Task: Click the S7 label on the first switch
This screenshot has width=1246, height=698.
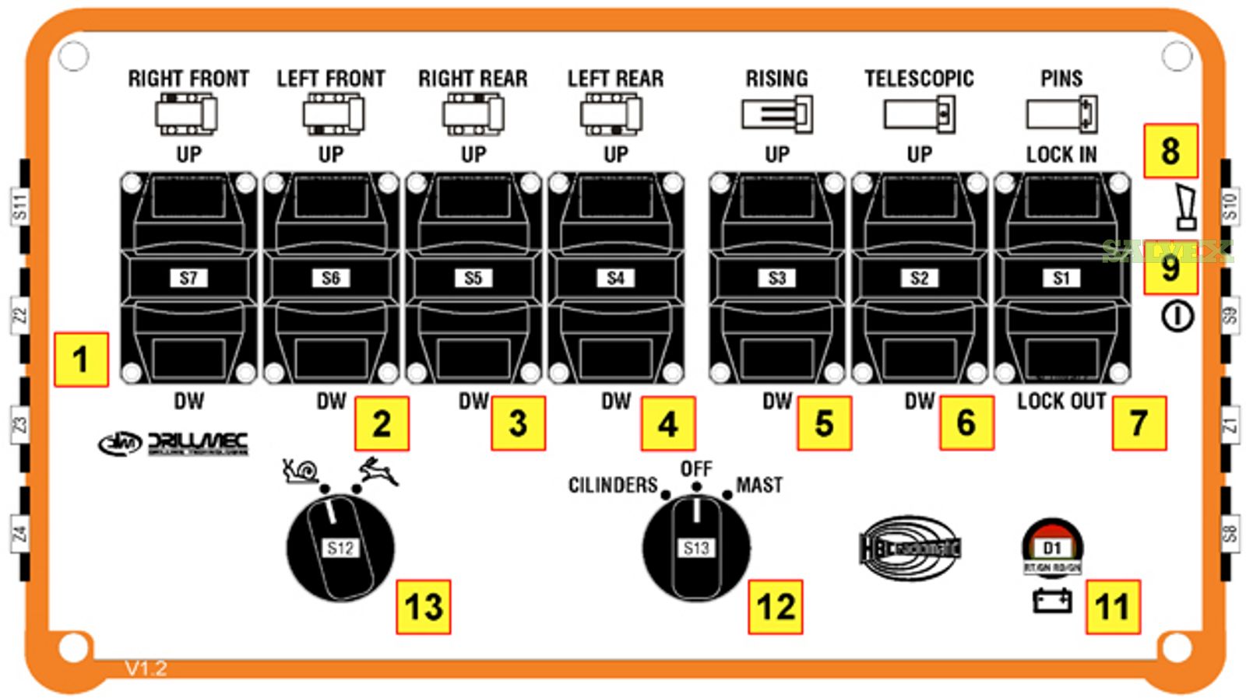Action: coord(188,278)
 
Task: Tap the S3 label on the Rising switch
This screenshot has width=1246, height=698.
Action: coord(776,278)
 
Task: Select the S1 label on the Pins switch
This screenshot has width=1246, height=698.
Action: coord(1061,278)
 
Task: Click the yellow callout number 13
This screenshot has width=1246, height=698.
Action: coord(424,607)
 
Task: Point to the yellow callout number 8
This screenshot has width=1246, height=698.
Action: coord(1170,151)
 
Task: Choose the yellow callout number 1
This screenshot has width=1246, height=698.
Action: coord(80,360)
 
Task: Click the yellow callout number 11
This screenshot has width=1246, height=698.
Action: coord(1112,607)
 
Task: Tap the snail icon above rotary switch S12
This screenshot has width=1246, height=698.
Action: coord(301,470)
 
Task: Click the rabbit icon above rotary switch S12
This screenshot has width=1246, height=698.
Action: coord(379,470)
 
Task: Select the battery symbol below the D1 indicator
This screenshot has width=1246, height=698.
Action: coord(1051,600)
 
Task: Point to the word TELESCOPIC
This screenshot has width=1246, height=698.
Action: coord(919,79)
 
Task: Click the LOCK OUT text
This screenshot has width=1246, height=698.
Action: coord(1061,402)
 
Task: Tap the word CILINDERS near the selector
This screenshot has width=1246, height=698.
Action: coord(613,485)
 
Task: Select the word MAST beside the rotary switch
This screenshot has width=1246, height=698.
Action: coord(759,485)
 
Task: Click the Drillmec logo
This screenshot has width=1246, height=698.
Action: coord(174,444)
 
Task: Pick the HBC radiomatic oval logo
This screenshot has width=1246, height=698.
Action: coord(910,548)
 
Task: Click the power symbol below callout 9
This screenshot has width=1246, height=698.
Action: coord(1177,317)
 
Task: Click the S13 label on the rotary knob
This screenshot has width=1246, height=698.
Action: coord(696,548)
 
